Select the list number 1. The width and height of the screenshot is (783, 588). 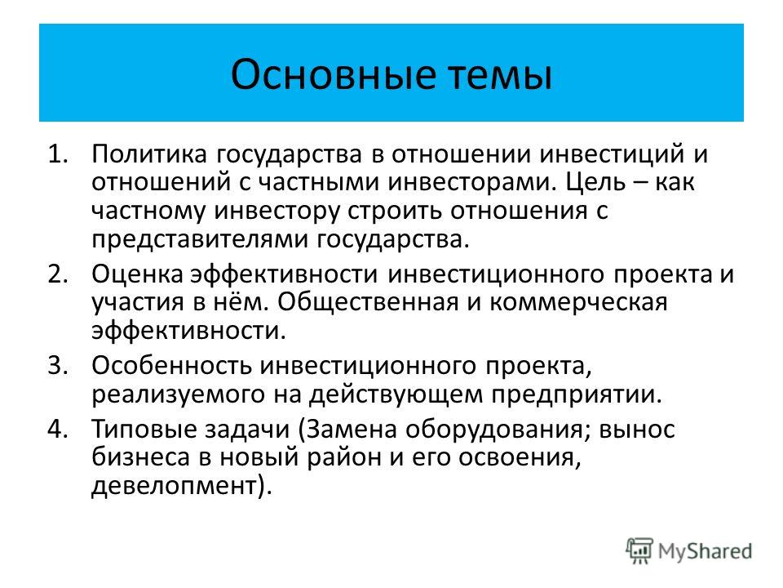point(57,154)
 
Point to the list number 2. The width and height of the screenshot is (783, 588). point(57,274)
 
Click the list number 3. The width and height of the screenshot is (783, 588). point(57,366)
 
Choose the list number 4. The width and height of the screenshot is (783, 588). point(57,430)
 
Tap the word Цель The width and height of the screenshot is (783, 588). point(595,182)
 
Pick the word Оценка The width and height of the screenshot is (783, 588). point(137,274)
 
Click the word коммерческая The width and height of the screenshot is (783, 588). point(578,303)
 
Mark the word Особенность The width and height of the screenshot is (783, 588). point(171,366)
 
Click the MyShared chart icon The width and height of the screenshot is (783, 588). point(639,551)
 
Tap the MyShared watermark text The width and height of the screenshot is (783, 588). point(705,551)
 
